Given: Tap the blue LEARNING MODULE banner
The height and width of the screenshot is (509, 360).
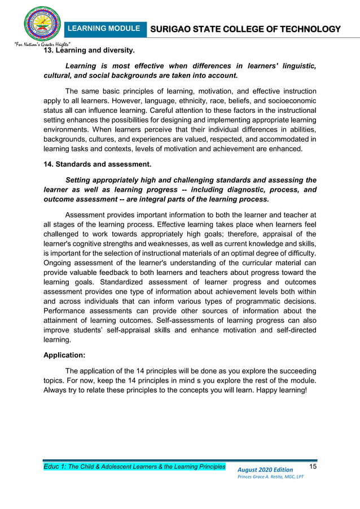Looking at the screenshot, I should click(x=103, y=29).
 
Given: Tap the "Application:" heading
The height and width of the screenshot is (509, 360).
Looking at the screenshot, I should click(x=65, y=356).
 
